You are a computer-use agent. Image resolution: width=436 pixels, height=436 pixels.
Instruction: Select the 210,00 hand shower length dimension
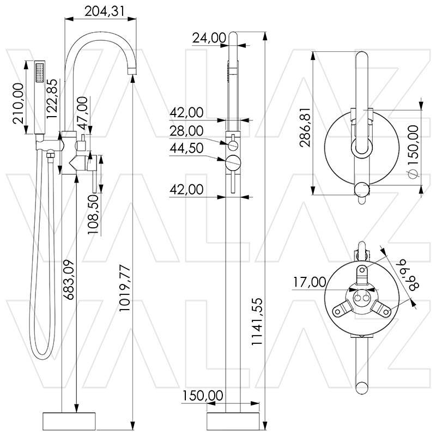click(x=18, y=104)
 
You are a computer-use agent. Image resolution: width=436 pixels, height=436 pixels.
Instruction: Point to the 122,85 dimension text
click(x=52, y=98)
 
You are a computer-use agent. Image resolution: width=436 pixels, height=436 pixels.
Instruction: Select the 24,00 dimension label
click(x=209, y=38)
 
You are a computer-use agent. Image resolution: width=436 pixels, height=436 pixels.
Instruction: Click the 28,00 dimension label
click(x=186, y=131)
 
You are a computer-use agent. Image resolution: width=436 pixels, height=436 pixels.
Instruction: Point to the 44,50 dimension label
click(x=186, y=148)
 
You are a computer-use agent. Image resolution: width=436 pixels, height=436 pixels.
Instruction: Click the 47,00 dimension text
click(x=82, y=111)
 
